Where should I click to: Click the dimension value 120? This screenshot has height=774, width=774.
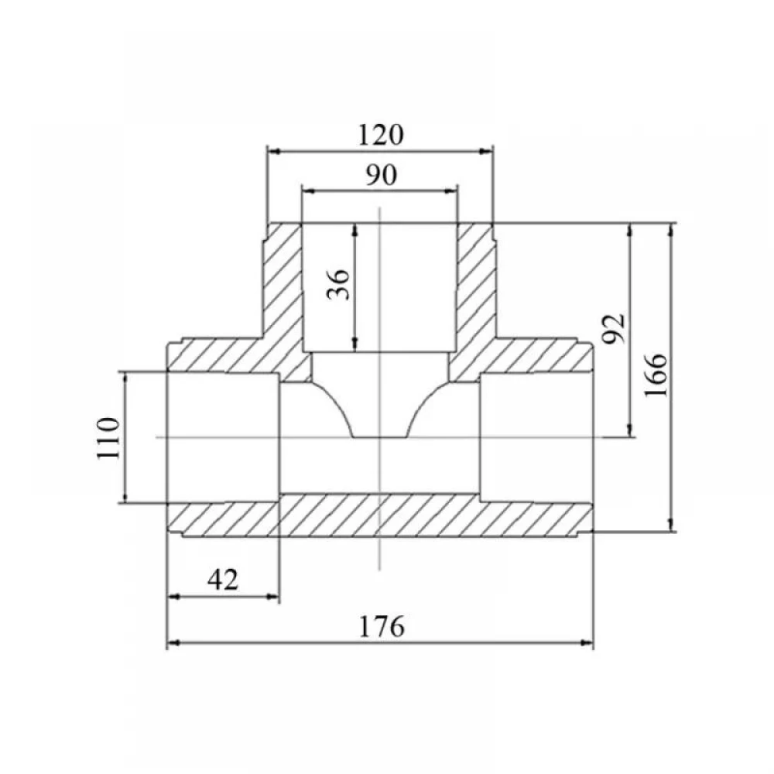coord(380,135)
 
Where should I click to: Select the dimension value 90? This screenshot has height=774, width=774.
coord(381,175)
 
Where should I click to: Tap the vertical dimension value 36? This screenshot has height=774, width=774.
coord(339,285)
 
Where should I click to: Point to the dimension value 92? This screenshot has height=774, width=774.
coord(614,327)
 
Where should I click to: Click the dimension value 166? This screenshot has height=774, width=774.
coord(656,375)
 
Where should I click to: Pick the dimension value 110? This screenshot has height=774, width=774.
coord(108,438)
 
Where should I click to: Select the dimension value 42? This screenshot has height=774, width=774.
coord(223,580)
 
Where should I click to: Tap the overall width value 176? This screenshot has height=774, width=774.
coord(381,626)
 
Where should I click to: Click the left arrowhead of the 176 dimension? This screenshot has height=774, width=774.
coord(173,642)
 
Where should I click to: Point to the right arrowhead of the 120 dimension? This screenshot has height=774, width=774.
coord(487,151)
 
